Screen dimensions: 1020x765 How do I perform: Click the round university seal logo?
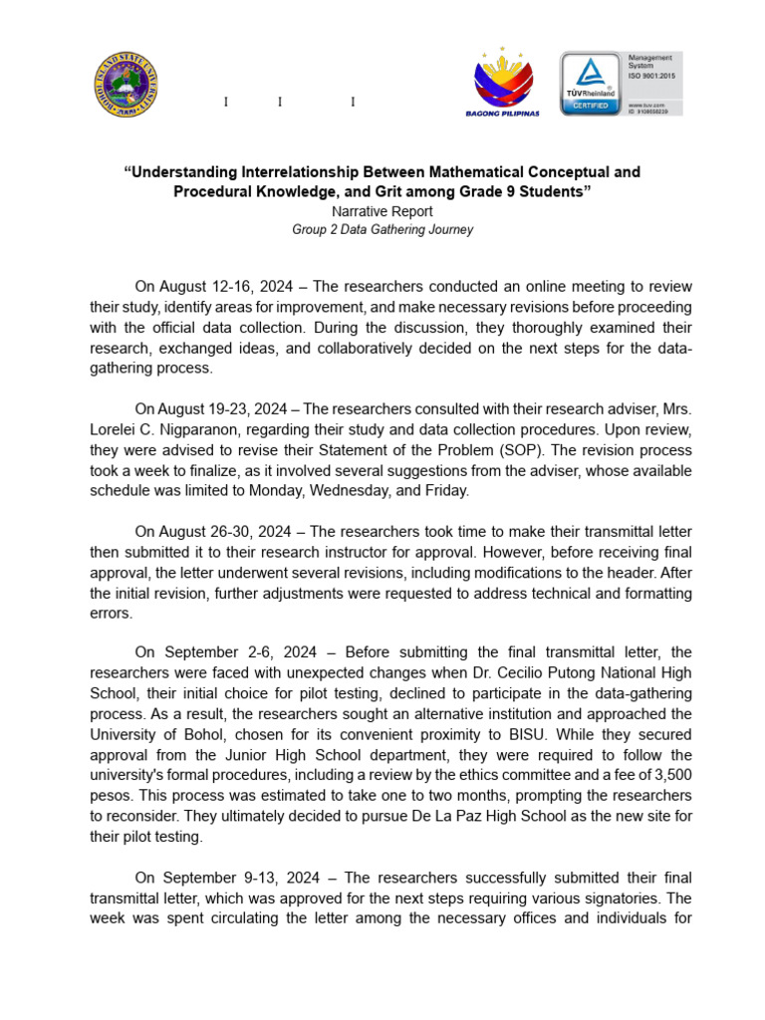pos(127,85)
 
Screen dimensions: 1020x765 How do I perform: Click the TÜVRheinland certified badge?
pos(589,84)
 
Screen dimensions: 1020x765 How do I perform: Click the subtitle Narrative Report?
pos(382,211)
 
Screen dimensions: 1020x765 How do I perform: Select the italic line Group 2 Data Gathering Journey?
pos(382,229)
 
